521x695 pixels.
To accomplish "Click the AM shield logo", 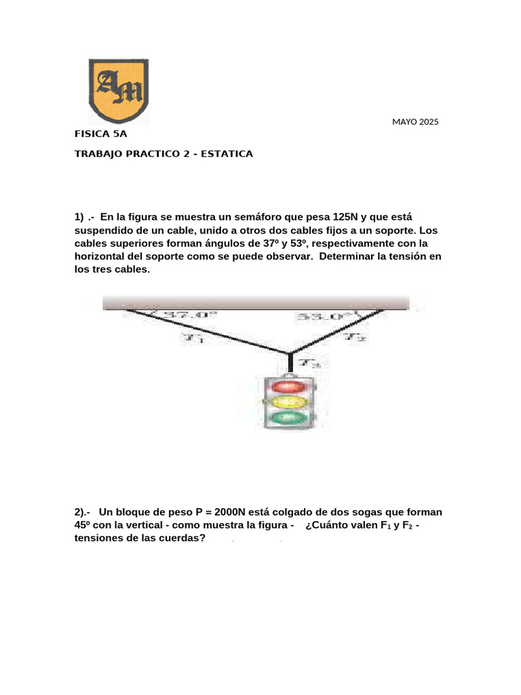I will (x=118, y=90).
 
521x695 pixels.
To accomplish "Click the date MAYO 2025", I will (x=415, y=122).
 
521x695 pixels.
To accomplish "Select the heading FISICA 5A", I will (x=100, y=134).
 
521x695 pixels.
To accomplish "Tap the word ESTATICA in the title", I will (x=226, y=154).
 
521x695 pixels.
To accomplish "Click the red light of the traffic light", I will (x=289, y=387).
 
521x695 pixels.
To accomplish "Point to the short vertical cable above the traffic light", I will (x=290, y=363).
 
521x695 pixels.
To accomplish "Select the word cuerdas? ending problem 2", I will (x=182, y=538).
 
